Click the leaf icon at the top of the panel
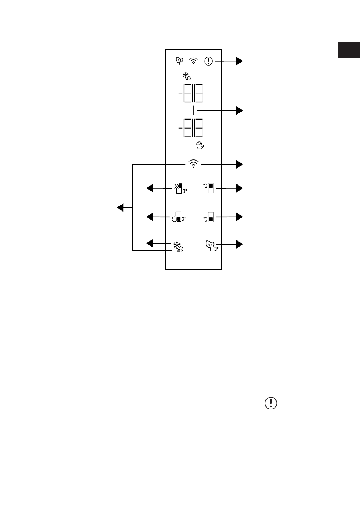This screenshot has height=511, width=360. click(179, 61)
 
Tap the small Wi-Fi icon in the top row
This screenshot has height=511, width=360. click(193, 61)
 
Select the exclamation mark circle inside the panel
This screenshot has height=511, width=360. click(208, 61)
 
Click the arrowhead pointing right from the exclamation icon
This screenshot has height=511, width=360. click(239, 61)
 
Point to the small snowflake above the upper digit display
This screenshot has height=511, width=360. click(187, 76)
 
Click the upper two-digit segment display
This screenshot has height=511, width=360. click(191, 93)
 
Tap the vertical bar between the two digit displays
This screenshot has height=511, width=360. click(193, 111)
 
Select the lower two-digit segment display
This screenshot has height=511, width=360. click(191, 128)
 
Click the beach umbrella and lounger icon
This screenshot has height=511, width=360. click(200, 146)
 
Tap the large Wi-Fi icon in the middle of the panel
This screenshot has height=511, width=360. click(193, 164)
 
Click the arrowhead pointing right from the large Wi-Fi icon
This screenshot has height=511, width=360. click(239, 164)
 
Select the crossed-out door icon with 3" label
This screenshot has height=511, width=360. click(181, 188)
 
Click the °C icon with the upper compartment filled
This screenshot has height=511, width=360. click(208, 188)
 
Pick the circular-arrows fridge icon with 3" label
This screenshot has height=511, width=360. click(179, 217)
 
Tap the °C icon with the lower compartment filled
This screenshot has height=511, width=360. click(208, 217)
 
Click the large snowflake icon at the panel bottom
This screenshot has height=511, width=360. click(178, 246)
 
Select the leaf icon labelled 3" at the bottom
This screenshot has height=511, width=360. click(212, 246)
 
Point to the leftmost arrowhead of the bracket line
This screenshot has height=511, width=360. click(120, 208)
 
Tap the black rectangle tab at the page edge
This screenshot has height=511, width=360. click(349, 50)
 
